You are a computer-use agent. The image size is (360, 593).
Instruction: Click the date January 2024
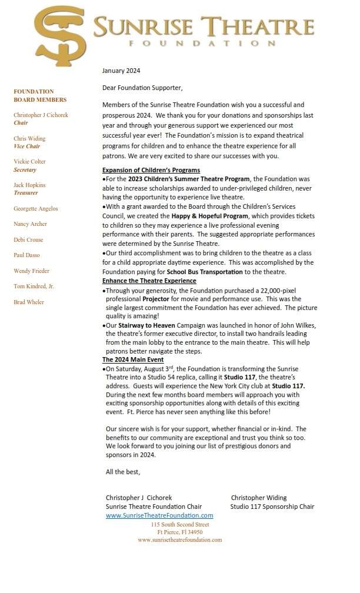[121, 71]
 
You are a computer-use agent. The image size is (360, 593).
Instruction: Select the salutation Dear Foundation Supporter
[142, 88]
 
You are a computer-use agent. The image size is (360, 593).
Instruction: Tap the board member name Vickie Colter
[29, 162]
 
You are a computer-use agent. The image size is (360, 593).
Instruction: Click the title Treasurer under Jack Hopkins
[26, 193]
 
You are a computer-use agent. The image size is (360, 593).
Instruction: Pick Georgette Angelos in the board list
[36, 209]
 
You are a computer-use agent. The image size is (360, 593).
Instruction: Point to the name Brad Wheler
[29, 302]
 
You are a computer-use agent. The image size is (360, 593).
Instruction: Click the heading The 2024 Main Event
[133, 359]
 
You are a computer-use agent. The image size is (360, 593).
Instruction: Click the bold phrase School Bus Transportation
[205, 272]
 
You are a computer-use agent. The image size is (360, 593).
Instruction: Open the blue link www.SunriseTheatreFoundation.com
[159, 515]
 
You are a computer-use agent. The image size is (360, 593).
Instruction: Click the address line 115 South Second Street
[179, 524]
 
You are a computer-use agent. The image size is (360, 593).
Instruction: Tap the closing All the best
[123, 472]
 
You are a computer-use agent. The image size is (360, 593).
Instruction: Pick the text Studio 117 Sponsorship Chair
[272, 507]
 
